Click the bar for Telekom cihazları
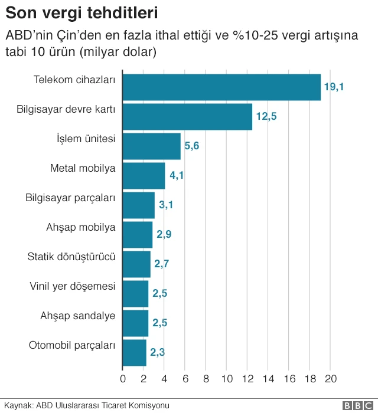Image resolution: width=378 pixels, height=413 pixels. (x=221, y=87)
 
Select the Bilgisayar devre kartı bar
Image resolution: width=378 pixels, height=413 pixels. (x=187, y=117)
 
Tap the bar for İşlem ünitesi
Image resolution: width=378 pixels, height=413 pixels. (x=151, y=146)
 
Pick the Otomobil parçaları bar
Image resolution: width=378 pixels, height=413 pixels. (x=134, y=353)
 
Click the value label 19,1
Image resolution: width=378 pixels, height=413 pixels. (x=334, y=87)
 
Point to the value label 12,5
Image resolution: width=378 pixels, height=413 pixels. (x=266, y=117)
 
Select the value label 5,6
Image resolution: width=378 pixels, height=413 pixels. (x=192, y=146)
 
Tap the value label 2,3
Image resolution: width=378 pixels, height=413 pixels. (x=157, y=353)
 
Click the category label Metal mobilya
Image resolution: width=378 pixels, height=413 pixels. (x=83, y=168)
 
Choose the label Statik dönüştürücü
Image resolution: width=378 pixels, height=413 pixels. (x=71, y=257)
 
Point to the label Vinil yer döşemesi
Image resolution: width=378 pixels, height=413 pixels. (x=72, y=286)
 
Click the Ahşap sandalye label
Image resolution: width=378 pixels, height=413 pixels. (x=77, y=316)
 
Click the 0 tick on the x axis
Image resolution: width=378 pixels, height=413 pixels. (x=123, y=379)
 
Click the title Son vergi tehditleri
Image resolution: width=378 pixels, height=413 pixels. (x=82, y=12)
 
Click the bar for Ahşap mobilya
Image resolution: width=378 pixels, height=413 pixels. (x=137, y=235)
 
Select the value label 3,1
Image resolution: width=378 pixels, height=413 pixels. (x=165, y=205)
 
